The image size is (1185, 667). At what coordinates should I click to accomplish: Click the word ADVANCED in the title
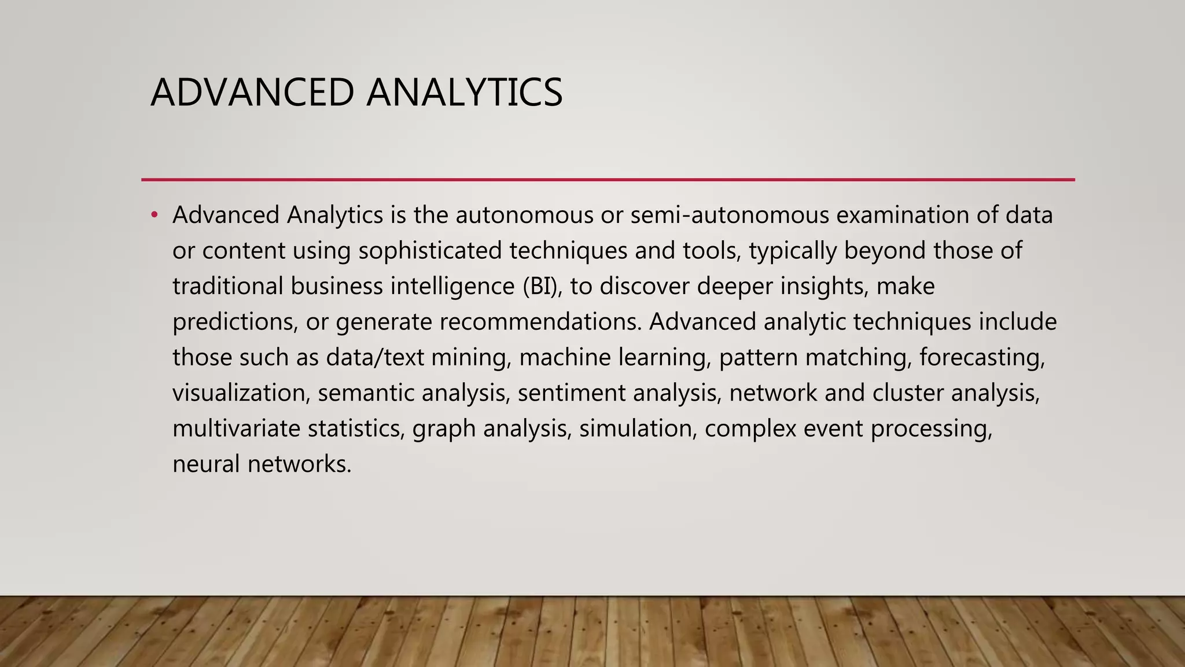pos(252,93)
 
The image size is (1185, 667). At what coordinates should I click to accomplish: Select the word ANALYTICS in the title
pos(464,93)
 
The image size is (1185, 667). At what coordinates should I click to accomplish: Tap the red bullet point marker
pos(154,215)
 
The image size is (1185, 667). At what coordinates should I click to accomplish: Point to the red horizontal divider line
pos(608,179)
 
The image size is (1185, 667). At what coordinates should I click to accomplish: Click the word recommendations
pos(540,322)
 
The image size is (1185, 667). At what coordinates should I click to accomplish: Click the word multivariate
pos(236,429)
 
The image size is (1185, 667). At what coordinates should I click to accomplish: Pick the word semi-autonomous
pos(730,215)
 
